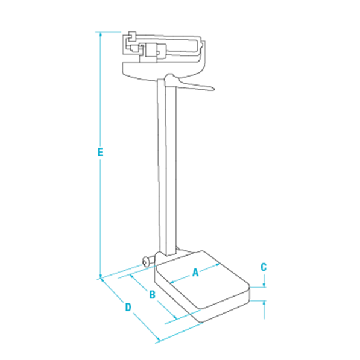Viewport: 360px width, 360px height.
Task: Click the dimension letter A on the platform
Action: [x=195, y=273]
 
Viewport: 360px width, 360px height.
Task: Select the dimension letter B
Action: [x=153, y=295]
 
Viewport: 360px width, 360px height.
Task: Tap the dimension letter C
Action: [x=264, y=267]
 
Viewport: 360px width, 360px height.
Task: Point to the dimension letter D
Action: [x=128, y=308]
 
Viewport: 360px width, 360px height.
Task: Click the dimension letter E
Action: [x=100, y=152]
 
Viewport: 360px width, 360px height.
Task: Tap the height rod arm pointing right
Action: [x=195, y=87]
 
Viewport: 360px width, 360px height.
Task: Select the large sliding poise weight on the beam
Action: [x=150, y=53]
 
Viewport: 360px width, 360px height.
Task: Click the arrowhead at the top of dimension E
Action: [x=100, y=33]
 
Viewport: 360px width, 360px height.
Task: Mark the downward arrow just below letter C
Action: [x=264, y=284]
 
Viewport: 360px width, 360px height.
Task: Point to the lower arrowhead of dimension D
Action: [x=157, y=340]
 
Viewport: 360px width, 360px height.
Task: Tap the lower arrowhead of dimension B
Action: [x=175, y=318]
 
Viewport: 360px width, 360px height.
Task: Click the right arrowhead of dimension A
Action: [x=220, y=265]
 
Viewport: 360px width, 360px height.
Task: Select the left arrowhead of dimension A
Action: [x=171, y=281]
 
